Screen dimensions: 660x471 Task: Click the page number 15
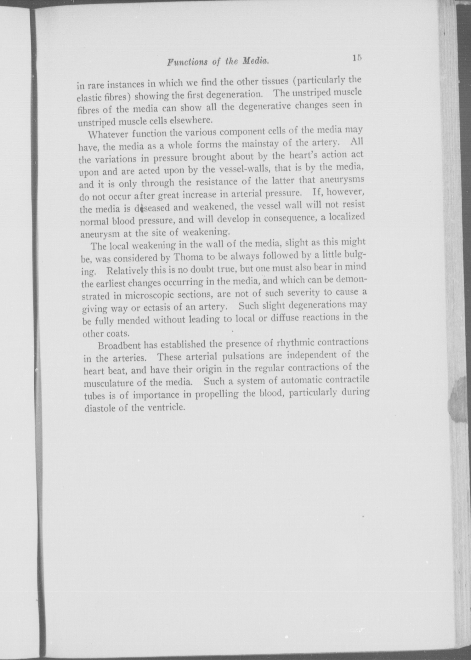(x=358, y=58)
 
